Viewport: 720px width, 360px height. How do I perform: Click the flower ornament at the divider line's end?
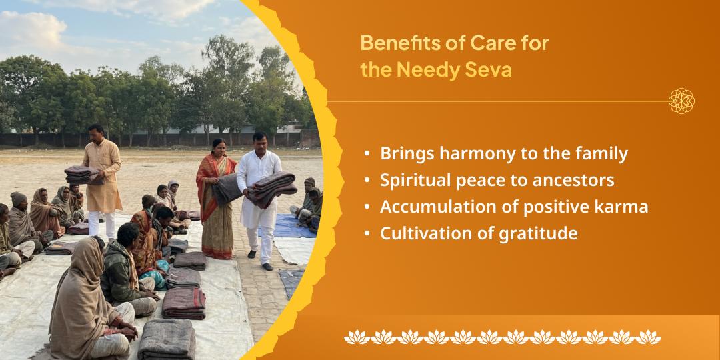[681, 101]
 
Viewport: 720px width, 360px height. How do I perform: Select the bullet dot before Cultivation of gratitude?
[368, 234]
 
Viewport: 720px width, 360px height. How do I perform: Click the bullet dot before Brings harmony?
[368, 154]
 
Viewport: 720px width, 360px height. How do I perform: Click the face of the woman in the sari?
[219, 146]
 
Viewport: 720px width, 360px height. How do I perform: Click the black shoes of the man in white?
[267, 266]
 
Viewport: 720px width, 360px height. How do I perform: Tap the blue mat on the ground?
[293, 226]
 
